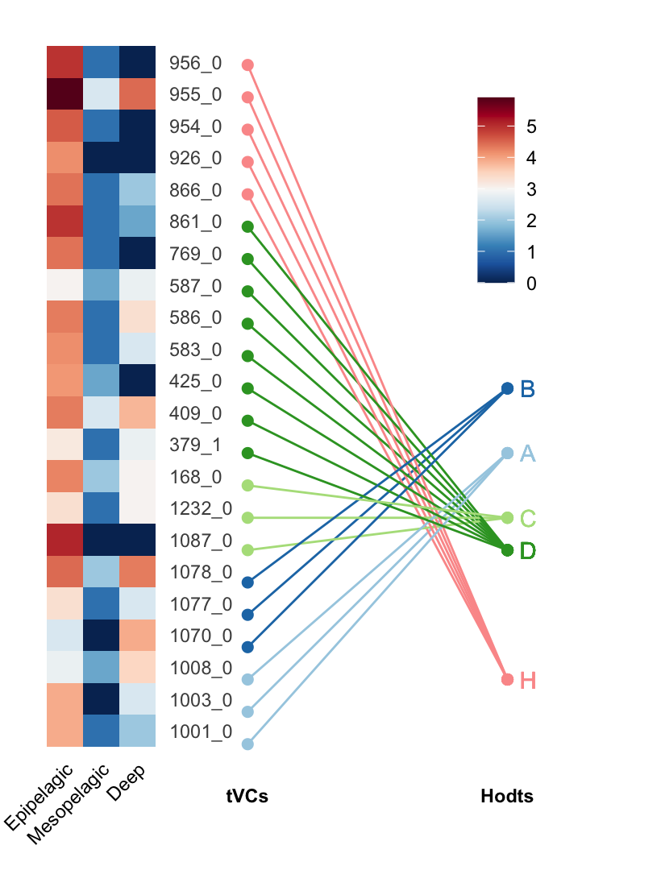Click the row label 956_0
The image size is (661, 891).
tap(195, 63)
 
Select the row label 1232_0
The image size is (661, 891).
tap(201, 508)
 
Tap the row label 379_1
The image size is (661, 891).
tap(195, 445)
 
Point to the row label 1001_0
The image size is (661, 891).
tap(201, 732)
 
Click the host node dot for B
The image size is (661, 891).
tap(507, 388)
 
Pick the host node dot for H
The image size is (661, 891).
tap(507, 679)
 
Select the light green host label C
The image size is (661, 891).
tap(528, 518)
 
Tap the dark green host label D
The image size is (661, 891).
tap(528, 551)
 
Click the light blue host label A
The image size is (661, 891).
tap(528, 454)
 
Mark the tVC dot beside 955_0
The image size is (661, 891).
tap(247, 97)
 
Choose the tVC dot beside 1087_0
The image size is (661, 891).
tap(247, 550)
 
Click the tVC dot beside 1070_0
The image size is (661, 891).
tap(247, 647)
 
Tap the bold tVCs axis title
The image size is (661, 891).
tap(247, 797)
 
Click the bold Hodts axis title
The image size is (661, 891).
tap(507, 797)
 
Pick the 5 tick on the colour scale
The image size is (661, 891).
tap(531, 126)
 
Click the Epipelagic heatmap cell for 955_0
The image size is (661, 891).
tap(64, 94)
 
